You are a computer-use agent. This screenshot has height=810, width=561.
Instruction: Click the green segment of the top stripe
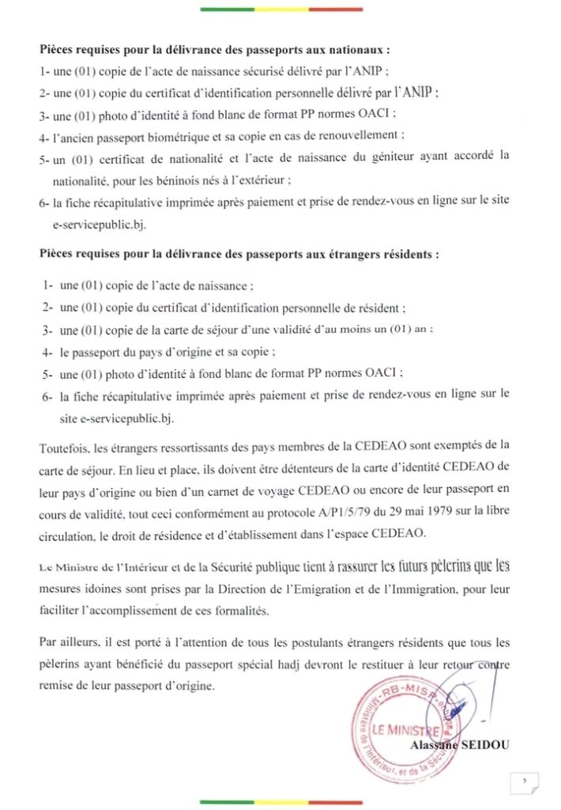click(227, 9)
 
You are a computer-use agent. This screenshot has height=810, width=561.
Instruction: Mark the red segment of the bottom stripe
click(335, 801)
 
